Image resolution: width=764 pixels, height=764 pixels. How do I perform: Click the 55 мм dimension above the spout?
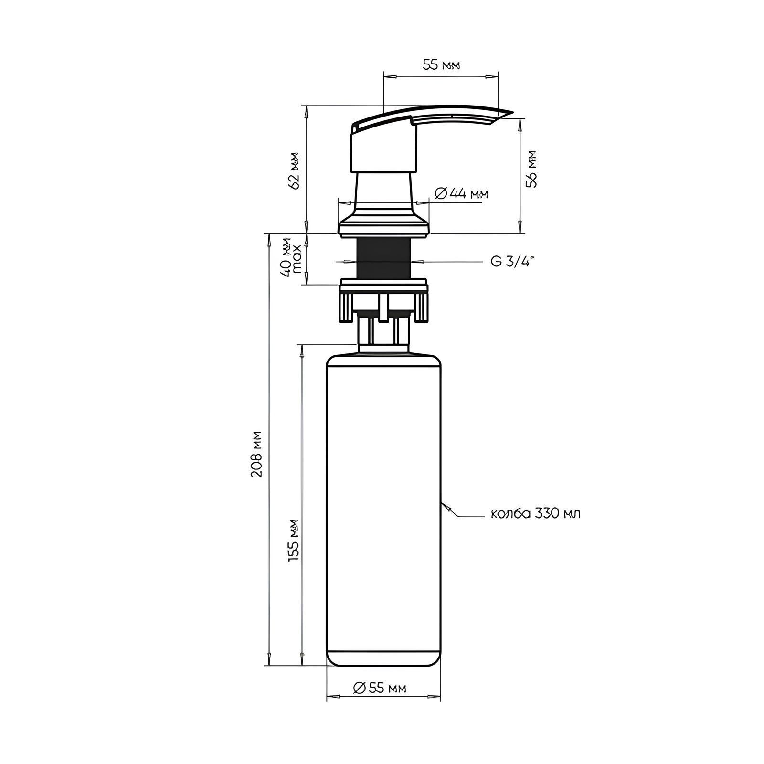(x=441, y=66)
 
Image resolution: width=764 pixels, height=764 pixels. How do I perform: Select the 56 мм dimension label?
(x=531, y=169)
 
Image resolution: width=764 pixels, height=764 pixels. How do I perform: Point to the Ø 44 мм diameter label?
(x=462, y=193)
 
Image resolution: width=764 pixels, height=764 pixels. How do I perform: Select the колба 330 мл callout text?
(x=536, y=514)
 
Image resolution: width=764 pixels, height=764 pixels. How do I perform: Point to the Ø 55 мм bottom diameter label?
(x=380, y=688)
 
